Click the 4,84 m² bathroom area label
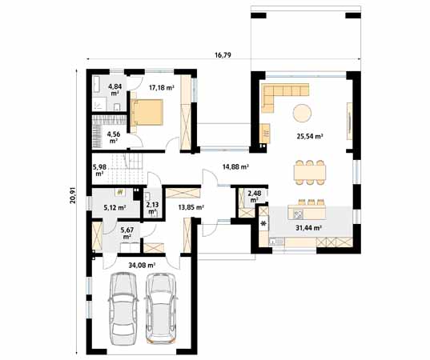click(x=115, y=88)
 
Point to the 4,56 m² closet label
click(x=114, y=137)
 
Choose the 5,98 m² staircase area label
click(x=99, y=169)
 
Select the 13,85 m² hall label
click(x=191, y=207)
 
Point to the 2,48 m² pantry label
click(x=254, y=196)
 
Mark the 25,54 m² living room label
click(x=310, y=137)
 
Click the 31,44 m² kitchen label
click(x=307, y=228)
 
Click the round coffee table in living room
click(x=303, y=111)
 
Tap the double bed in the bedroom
click(x=149, y=114)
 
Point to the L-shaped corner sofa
click(x=280, y=94)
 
